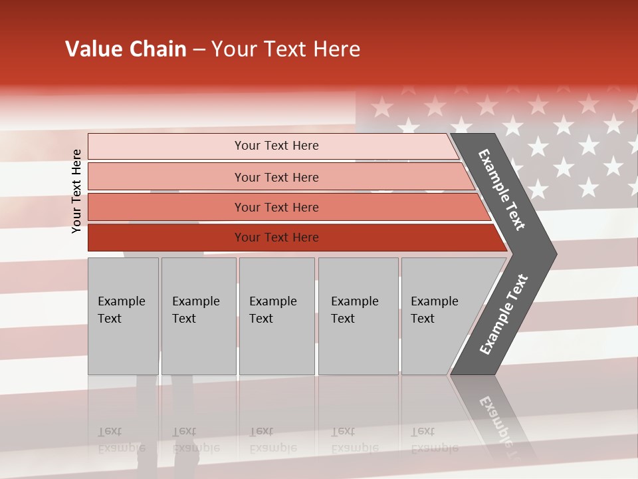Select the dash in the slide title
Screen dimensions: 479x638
(199, 50)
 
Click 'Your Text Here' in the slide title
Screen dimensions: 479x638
(286, 49)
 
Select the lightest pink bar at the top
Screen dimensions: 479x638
(272, 146)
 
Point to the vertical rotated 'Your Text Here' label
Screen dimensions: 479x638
(76, 191)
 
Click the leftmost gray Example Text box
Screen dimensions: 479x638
(123, 316)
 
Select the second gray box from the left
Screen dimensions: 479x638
(199, 316)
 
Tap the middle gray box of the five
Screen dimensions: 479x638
(276, 316)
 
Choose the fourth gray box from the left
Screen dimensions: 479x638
(358, 316)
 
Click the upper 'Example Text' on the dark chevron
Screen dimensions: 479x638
(502, 189)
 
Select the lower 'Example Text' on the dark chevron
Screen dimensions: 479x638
(503, 315)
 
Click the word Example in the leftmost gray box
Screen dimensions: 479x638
(121, 301)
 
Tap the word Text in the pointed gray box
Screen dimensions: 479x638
(422, 319)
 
